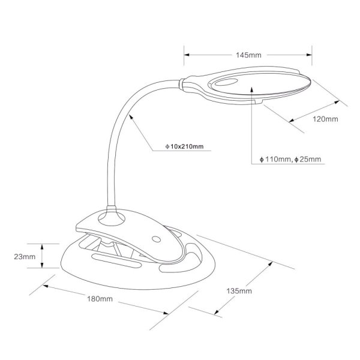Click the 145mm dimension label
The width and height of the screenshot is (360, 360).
pyautogui.click(x=248, y=55)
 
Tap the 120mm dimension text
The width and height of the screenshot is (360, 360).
pyautogui.click(x=325, y=119)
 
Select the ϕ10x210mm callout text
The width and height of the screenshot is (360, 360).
pyautogui.click(x=184, y=146)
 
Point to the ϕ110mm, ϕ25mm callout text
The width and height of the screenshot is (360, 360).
pyautogui.click(x=290, y=160)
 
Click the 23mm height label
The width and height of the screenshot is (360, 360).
pyautogui.click(x=25, y=256)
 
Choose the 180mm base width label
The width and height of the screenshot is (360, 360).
pyautogui.click(x=100, y=299)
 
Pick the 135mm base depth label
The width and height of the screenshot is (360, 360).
pyautogui.click(x=239, y=291)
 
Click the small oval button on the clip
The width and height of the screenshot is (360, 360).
pyautogui.click(x=157, y=239)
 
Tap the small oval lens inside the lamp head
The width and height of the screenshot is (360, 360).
pyautogui.click(x=226, y=82)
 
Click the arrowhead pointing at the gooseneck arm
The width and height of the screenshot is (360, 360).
pyautogui.click(x=131, y=117)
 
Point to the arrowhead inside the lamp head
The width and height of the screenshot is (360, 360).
pyautogui.click(x=252, y=90)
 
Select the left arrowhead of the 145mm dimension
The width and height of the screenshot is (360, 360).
pyautogui.click(x=187, y=55)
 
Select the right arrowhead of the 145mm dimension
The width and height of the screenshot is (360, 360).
pyautogui.click(x=309, y=55)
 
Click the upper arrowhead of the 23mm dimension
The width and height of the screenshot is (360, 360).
pyautogui.click(x=42, y=247)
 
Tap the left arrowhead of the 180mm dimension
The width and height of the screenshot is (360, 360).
pyautogui.click(x=46, y=286)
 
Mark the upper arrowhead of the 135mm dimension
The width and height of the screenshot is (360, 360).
pyautogui.click(x=270, y=264)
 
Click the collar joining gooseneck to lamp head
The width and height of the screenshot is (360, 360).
pyautogui.click(x=181, y=84)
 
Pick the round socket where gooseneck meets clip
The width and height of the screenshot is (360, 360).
pyautogui.click(x=112, y=217)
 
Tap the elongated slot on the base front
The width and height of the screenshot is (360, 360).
pyautogui.click(x=116, y=260)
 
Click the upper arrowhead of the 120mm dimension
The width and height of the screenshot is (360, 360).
pyautogui.click(x=337, y=102)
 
